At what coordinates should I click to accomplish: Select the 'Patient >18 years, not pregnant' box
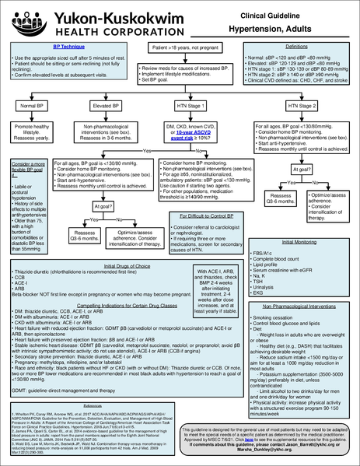tap(180, 48)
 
